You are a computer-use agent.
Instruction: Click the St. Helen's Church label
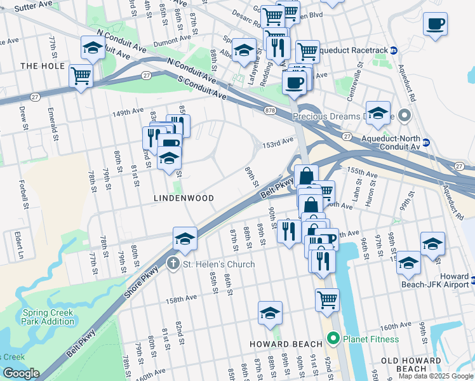218,264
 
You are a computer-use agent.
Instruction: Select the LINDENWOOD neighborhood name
184,198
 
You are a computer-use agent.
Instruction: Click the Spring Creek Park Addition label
48,317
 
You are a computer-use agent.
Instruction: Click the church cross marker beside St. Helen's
172,264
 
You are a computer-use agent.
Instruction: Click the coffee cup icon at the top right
435,24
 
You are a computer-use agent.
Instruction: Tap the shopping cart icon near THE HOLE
81,76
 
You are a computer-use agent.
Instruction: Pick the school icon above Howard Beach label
270,312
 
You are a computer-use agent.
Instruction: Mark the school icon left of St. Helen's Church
185,238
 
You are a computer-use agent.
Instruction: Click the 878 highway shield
271,110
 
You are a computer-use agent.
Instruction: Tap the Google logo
21,373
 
